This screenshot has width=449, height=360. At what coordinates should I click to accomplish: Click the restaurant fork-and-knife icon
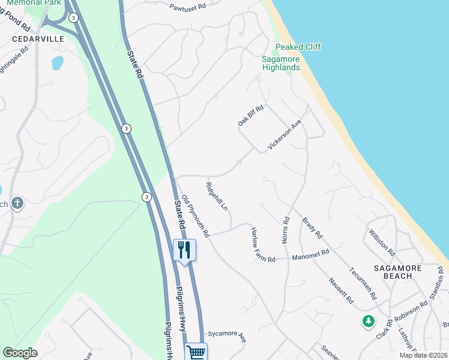(184, 249)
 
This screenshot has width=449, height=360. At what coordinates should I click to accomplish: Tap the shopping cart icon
(196, 352)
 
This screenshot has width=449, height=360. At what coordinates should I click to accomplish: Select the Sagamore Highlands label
(281, 63)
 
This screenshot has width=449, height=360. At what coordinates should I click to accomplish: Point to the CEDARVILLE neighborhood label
(29, 38)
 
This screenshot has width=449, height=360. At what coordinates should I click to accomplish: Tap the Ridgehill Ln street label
(217, 196)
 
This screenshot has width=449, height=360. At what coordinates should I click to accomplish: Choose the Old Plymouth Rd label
(195, 216)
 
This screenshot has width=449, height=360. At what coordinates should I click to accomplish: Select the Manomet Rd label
(310, 255)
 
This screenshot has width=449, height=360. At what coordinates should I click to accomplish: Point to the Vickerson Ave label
(284, 134)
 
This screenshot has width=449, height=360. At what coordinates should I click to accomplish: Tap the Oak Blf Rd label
(250, 114)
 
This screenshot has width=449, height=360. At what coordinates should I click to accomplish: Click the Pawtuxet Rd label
(187, 5)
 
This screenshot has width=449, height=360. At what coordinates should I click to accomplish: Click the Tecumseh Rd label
(363, 283)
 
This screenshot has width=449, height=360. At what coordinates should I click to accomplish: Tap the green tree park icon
(368, 322)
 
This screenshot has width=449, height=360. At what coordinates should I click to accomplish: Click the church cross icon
(17, 203)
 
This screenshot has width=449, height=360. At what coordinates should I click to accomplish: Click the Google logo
(20, 353)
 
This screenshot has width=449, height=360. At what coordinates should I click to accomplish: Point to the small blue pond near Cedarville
(58, 62)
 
